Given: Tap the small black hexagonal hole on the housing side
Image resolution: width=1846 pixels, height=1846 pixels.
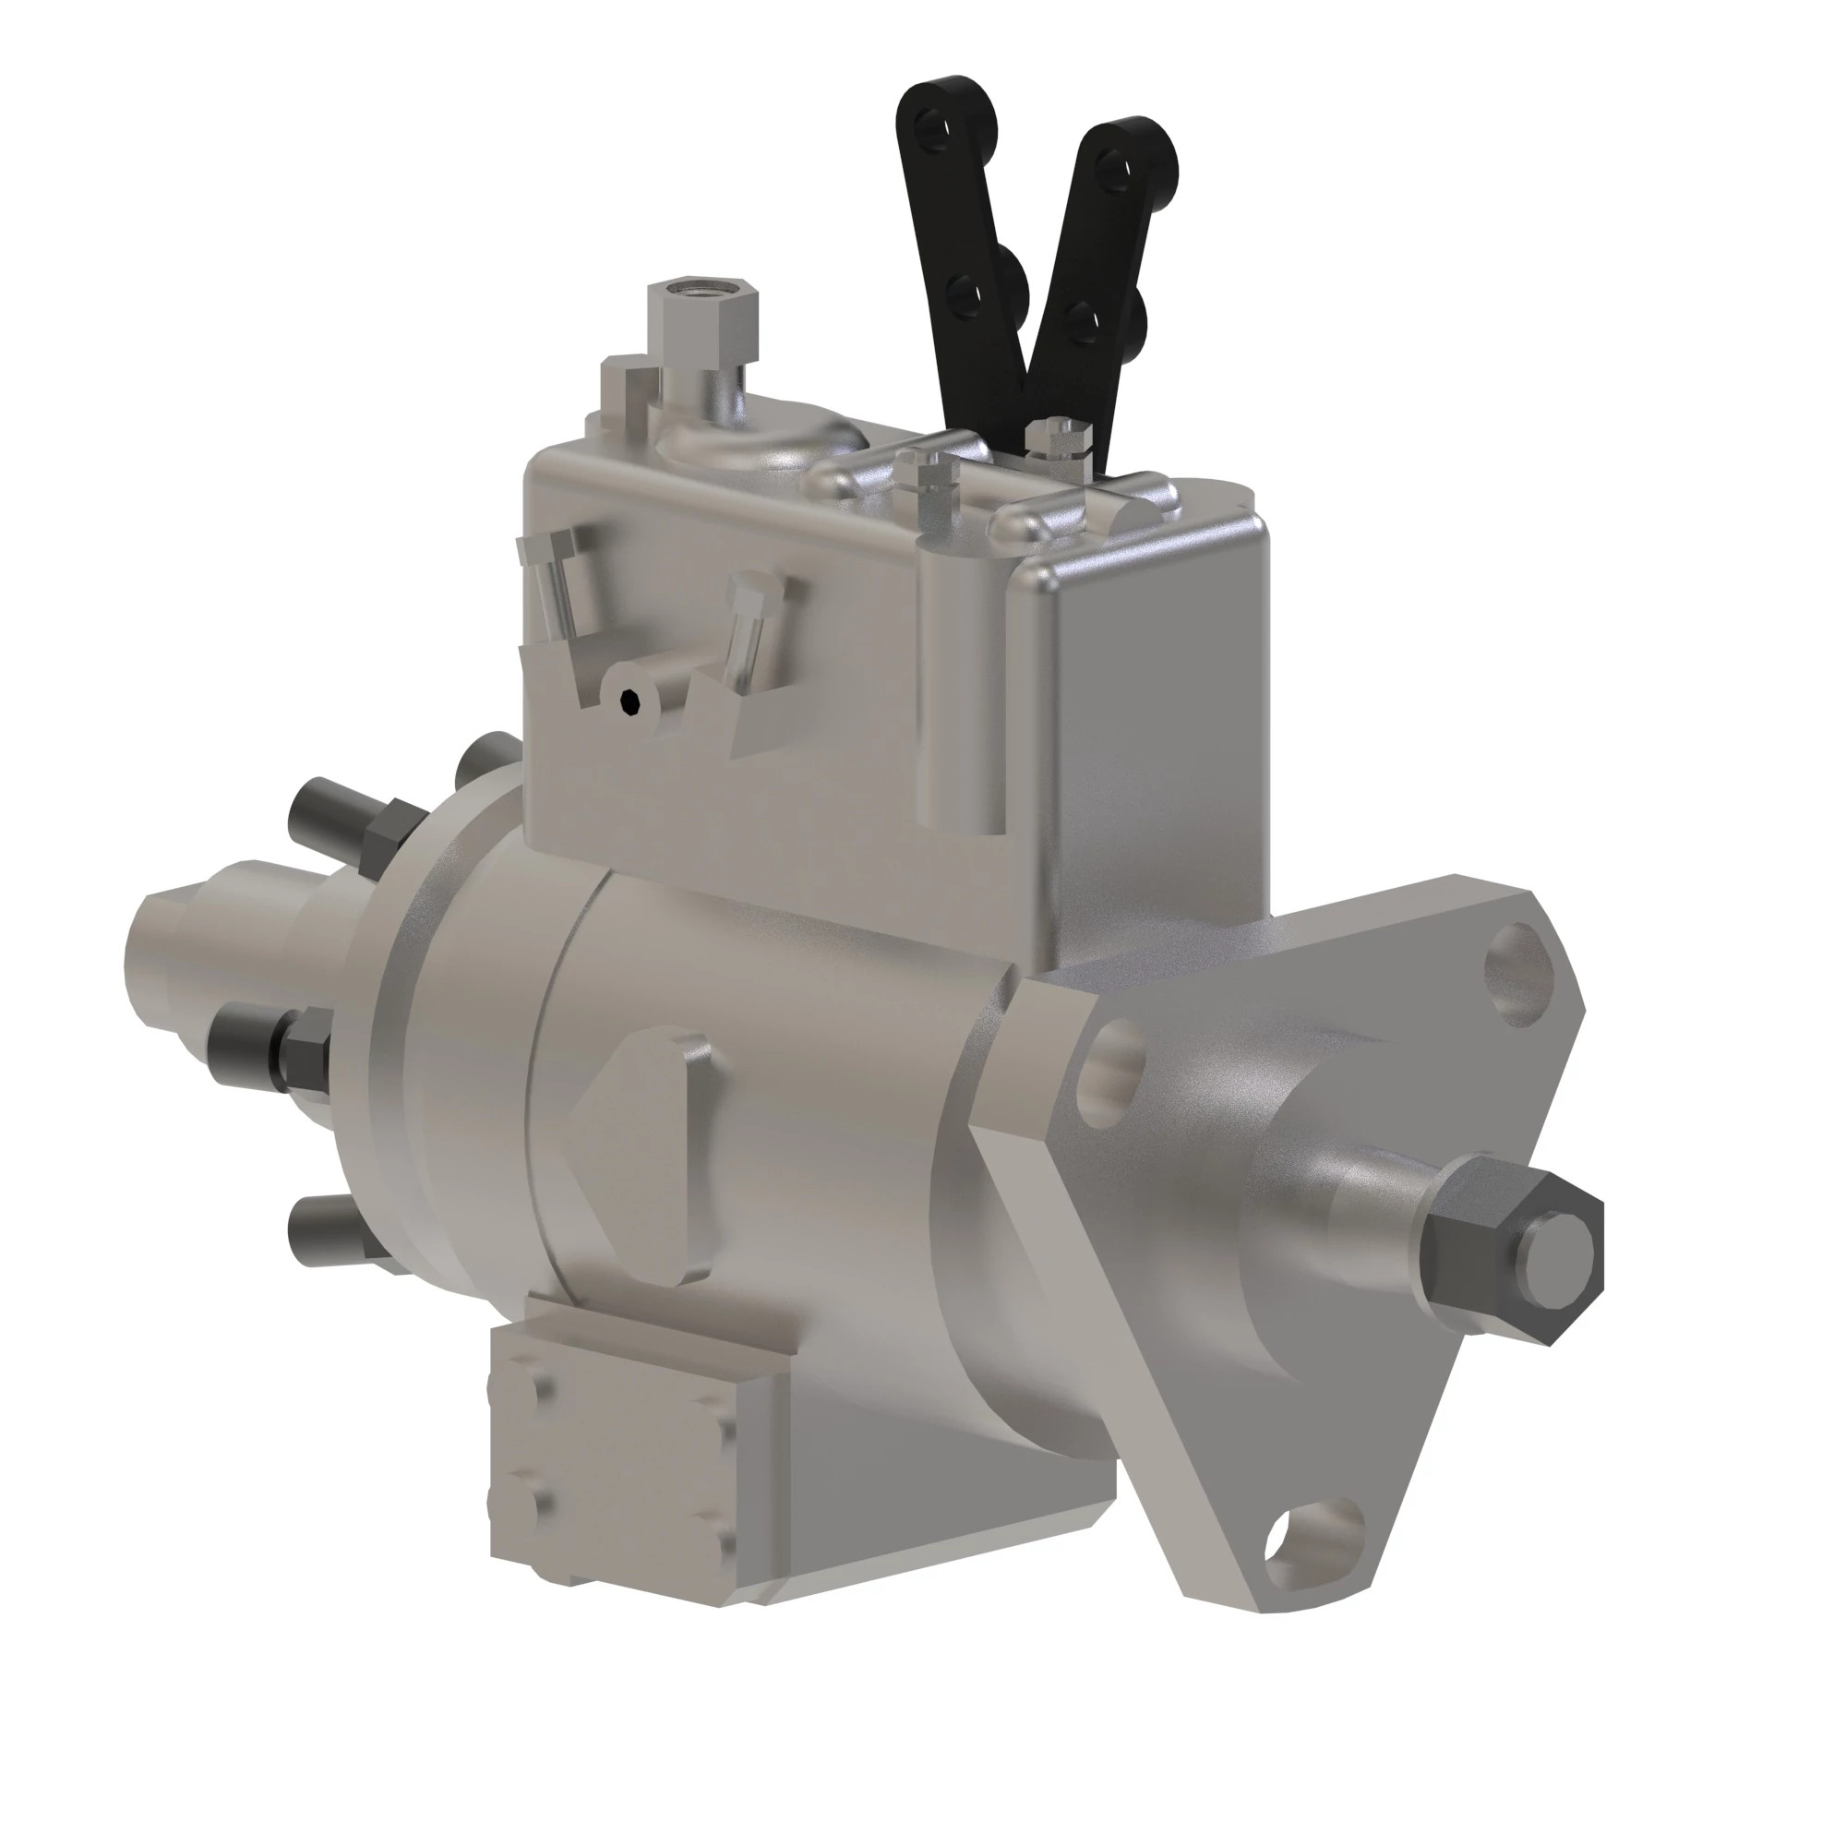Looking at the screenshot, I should [628, 702].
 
